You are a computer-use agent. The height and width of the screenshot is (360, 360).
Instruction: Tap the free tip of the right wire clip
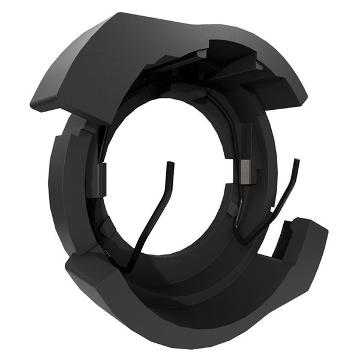point(298,161)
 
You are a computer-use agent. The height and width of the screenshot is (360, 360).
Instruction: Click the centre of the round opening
point(171,180)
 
